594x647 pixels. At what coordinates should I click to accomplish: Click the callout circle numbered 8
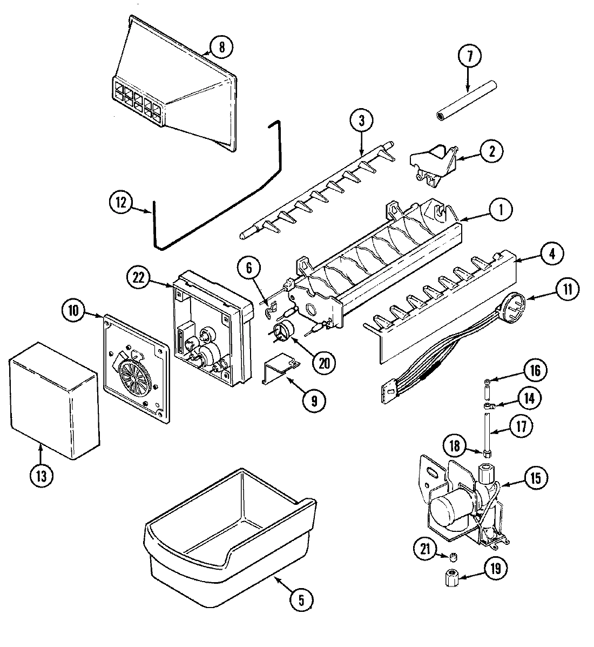tap(221, 48)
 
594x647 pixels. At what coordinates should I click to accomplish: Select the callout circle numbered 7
tap(470, 56)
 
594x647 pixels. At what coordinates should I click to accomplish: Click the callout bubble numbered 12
tap(120, 203)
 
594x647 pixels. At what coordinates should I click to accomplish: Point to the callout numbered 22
tap(139, 278)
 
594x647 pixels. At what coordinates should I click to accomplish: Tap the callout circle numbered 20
tap(323, 363)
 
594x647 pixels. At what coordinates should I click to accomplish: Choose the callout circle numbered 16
tap(535, 371)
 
